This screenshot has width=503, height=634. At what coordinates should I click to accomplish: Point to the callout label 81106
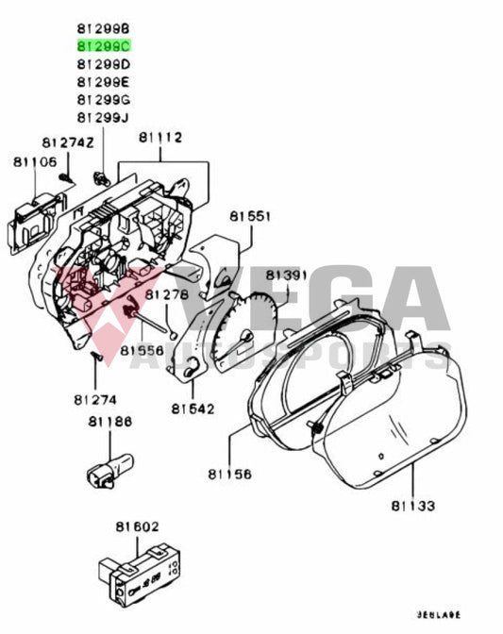35,162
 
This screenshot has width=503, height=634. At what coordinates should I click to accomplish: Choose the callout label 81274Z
68,142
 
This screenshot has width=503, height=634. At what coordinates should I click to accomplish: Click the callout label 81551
249,217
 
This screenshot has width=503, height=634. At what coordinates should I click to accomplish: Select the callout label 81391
287,275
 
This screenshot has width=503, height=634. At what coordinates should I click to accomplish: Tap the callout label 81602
138,526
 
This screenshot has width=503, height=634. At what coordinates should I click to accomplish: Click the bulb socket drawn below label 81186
105,467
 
